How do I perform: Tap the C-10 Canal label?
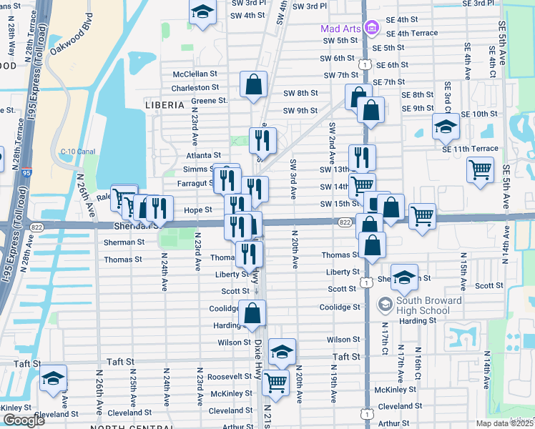(77, 151)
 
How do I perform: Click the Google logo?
(24, 420)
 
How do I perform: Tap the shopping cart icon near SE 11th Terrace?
(480, 169)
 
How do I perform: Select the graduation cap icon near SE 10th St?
(446, 127)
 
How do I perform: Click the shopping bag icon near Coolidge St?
(252, 312)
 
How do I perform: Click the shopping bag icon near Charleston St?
(254, 84)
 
